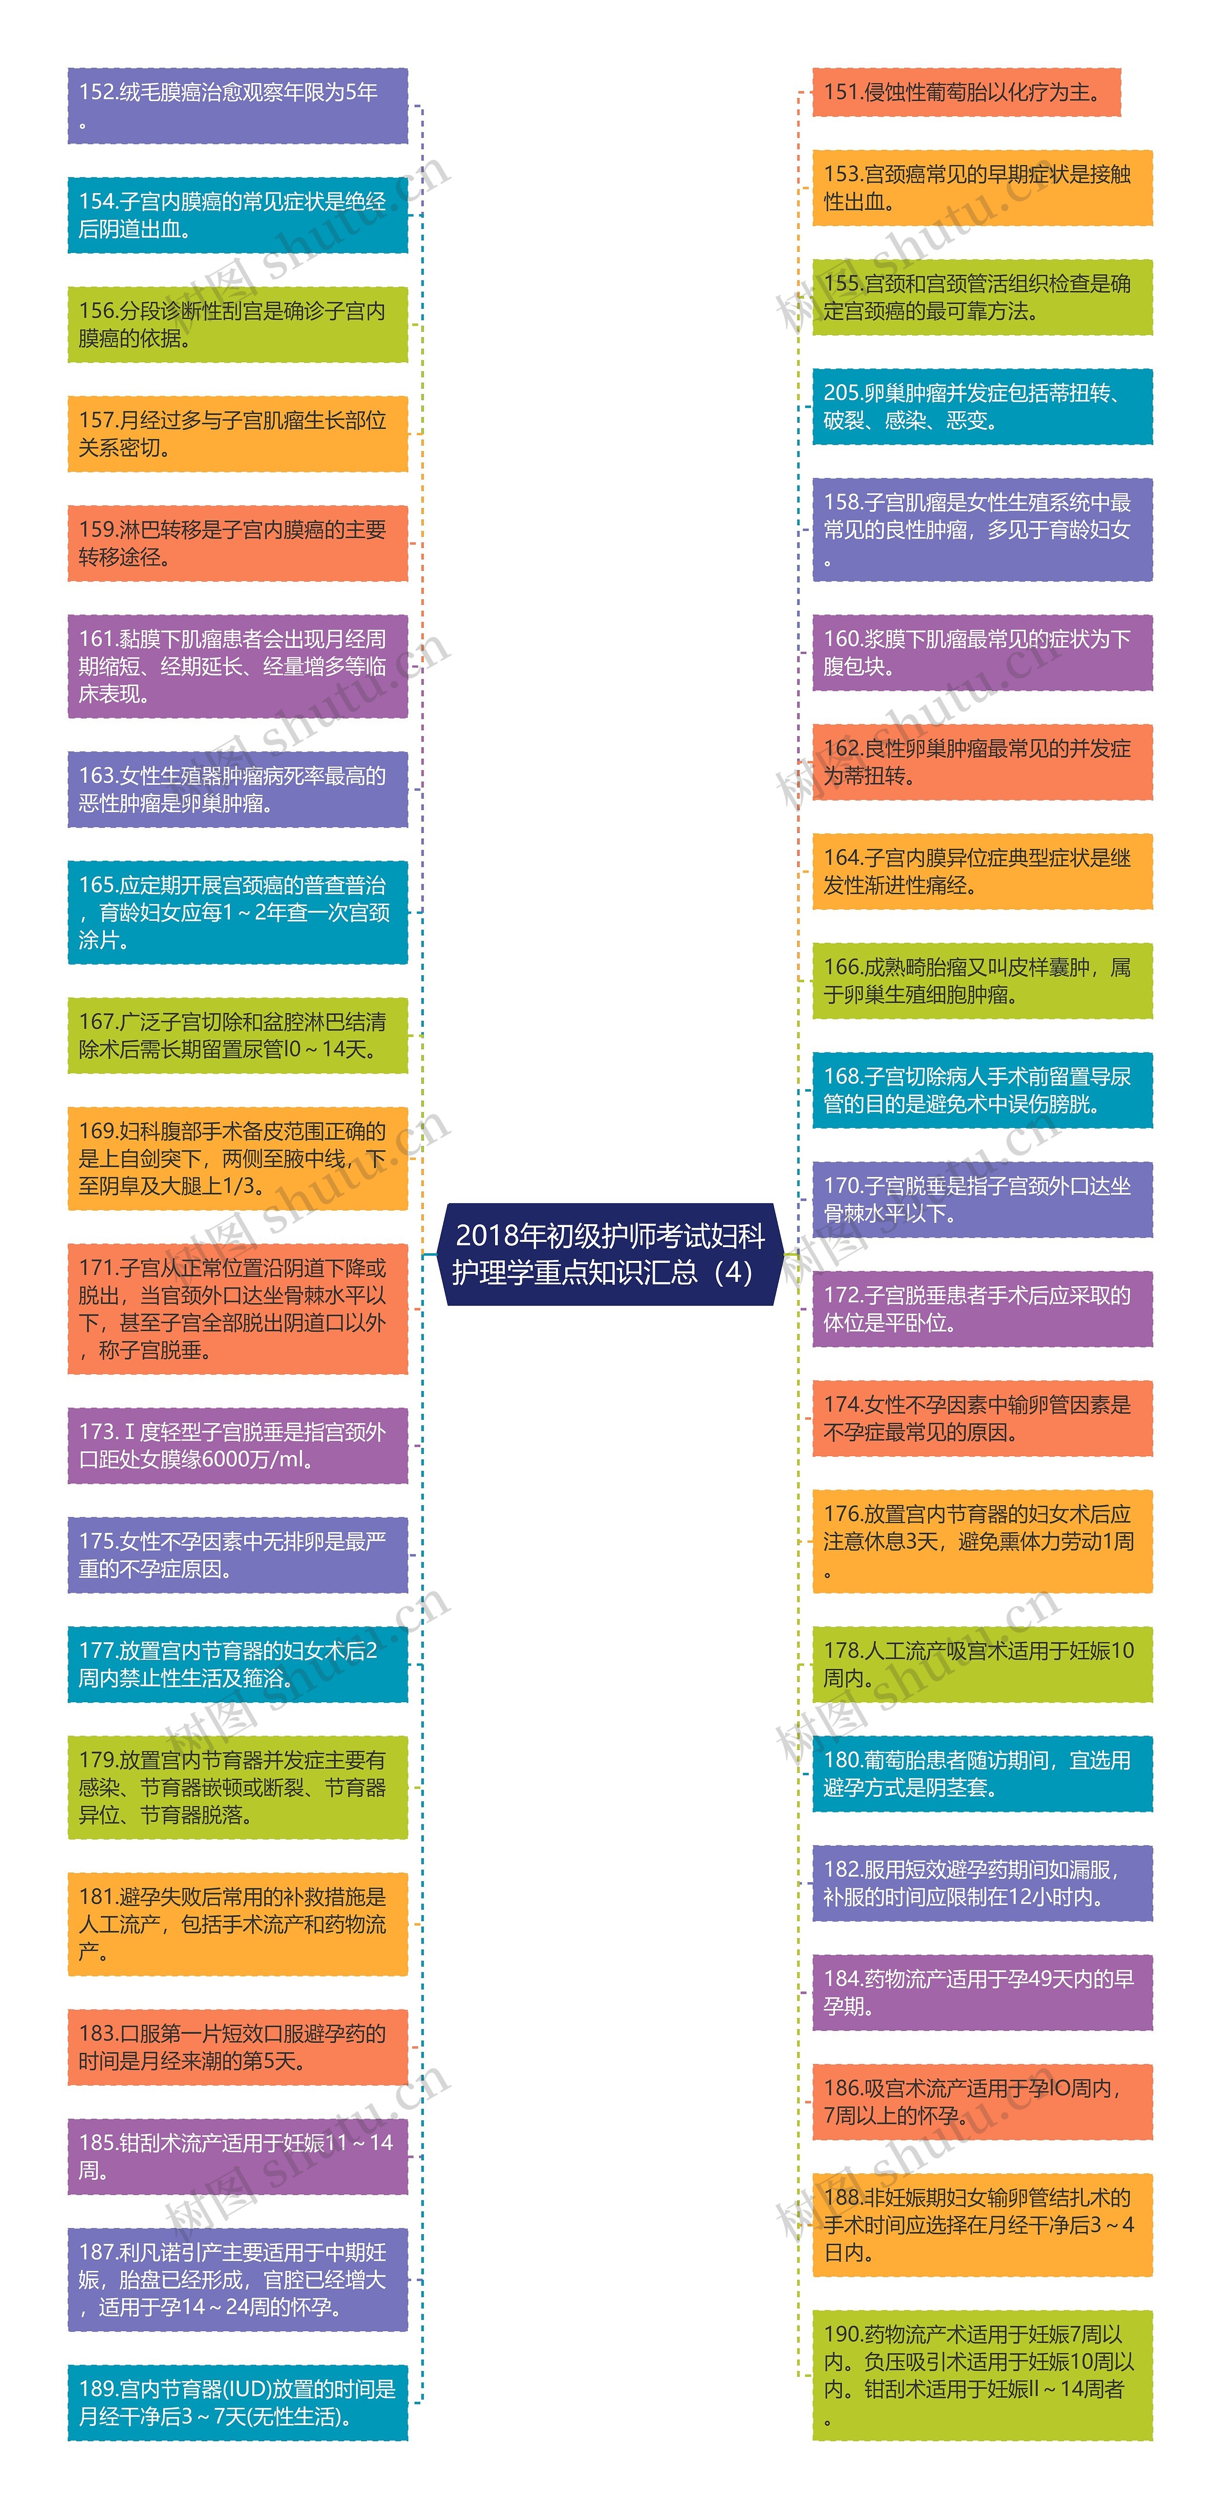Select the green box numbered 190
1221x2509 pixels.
[982, 2374]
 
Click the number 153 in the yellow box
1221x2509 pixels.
[842, 174]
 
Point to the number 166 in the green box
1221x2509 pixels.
[842, 967]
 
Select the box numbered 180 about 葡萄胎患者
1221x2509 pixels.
[982, 1774]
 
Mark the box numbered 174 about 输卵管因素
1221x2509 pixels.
[982, 1418]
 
